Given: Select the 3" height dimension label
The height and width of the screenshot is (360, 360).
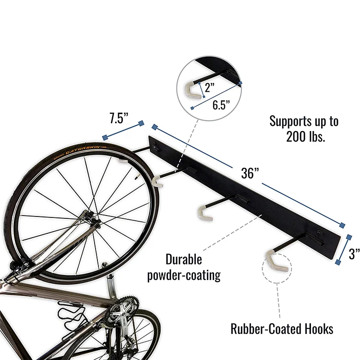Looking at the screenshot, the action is coord(354,254).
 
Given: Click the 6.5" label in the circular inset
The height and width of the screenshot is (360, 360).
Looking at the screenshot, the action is coord(221,105).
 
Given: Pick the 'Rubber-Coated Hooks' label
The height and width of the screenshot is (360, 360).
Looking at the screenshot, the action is coord(282,329).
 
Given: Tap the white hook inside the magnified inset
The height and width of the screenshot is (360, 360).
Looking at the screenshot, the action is coord(192,90).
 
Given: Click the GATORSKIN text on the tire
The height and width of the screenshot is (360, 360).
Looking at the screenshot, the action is coord(84,149).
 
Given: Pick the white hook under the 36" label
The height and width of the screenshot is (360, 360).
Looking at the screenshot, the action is coord(204,212).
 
